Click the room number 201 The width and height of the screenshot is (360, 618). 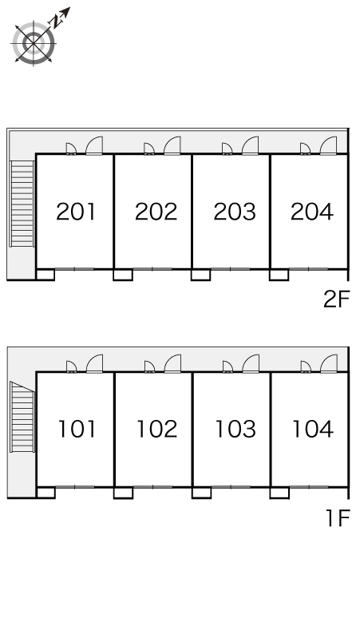point(76,212)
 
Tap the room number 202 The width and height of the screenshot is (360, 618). point(156,212)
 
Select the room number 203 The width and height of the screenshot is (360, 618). point(235,212)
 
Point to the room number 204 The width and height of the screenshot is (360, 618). point(312,212)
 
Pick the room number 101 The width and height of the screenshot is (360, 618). point(77,430)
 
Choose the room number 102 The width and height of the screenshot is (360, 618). point(156,430)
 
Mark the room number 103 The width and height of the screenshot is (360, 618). point(235,430)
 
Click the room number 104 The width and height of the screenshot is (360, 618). point(313,430)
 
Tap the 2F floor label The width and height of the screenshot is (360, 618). point(337,299)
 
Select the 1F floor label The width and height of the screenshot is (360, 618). point(338,518)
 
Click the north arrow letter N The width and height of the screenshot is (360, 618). point(57,22)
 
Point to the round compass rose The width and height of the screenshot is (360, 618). point(34,43)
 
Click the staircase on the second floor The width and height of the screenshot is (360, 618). point(22,204)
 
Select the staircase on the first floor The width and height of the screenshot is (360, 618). point(22,418)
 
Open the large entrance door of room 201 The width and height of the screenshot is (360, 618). point(94,145)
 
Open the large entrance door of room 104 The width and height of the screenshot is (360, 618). point(329,363)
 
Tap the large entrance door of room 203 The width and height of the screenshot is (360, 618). point(250,145)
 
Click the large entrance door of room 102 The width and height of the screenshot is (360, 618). point(172,363)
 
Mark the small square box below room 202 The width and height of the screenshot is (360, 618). point(123,275)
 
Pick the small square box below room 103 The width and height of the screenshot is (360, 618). point(202,493)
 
